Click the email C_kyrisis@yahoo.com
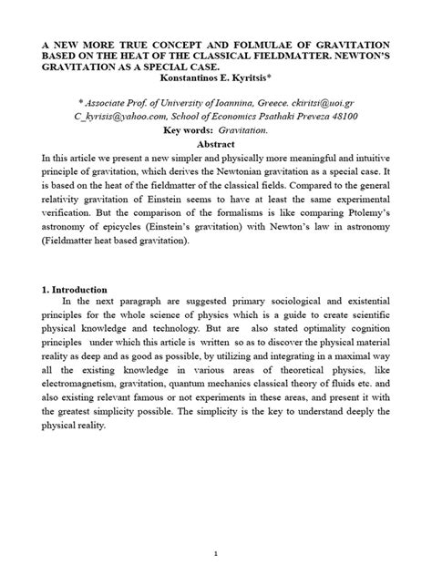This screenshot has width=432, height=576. click(x=117, y=118)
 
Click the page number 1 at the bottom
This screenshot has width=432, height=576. click(x=216, y=554)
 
